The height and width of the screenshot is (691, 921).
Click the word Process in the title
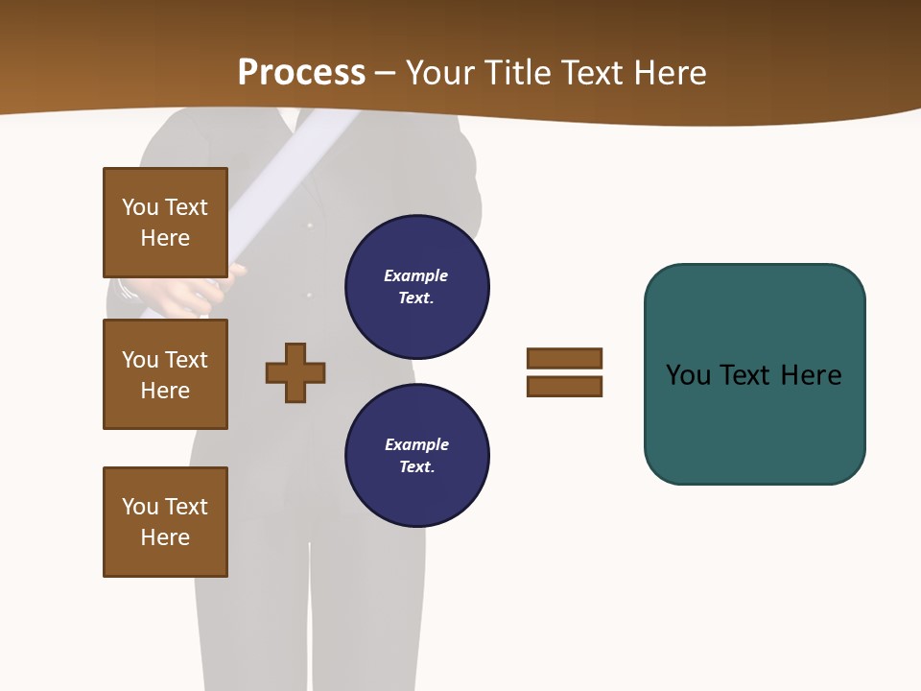301,73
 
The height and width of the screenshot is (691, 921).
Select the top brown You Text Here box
165,223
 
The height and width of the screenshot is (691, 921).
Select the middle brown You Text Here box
165,374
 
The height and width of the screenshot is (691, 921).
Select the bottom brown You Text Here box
165,522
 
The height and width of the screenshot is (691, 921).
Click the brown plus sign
295,372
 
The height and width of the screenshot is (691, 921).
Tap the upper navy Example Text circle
416,286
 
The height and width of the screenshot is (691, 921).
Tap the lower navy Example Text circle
416,455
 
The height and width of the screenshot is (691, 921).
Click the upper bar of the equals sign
564,358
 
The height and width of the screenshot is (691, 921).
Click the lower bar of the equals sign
564,387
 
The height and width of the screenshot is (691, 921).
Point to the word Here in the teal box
811,375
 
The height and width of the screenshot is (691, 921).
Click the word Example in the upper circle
415,275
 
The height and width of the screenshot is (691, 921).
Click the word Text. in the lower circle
416,466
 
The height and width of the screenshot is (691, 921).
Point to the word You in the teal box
688,375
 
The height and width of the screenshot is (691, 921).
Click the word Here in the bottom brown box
165,537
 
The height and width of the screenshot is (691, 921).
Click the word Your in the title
442,73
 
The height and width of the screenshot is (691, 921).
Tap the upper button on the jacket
309,226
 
